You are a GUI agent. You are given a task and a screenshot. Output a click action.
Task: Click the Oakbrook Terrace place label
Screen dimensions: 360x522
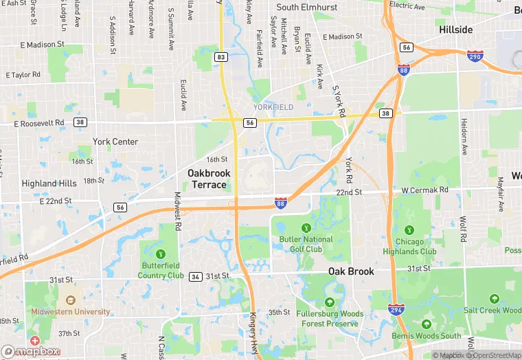click(209, 179)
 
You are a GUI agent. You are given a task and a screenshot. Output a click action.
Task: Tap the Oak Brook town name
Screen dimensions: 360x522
click(351, 271)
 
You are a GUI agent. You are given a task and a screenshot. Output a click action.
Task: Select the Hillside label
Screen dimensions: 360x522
click(456, 30)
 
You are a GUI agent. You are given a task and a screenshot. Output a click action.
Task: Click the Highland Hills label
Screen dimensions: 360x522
click(49, 183)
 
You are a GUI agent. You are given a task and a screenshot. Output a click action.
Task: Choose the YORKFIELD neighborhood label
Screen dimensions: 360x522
click(273, 107)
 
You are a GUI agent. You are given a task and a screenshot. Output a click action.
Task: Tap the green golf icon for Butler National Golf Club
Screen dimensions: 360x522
click(306, 227)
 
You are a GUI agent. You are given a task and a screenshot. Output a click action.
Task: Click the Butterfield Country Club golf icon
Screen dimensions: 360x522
click(161, 254)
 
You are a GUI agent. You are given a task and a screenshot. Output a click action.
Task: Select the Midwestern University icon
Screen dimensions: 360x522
click(70, 300)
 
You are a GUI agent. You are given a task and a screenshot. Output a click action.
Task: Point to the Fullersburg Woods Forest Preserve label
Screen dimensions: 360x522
click(330, 318)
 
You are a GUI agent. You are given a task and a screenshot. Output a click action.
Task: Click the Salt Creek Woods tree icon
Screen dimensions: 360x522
click(494, 299)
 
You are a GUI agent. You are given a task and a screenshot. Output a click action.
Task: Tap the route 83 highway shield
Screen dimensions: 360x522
click(220, 57)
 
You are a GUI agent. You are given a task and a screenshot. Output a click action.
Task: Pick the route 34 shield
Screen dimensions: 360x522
click(196, 276)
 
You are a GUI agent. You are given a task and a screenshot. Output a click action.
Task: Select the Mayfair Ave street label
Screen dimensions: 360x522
click(501, 196)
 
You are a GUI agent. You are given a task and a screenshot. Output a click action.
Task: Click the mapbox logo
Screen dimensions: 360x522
click(31, 351)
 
